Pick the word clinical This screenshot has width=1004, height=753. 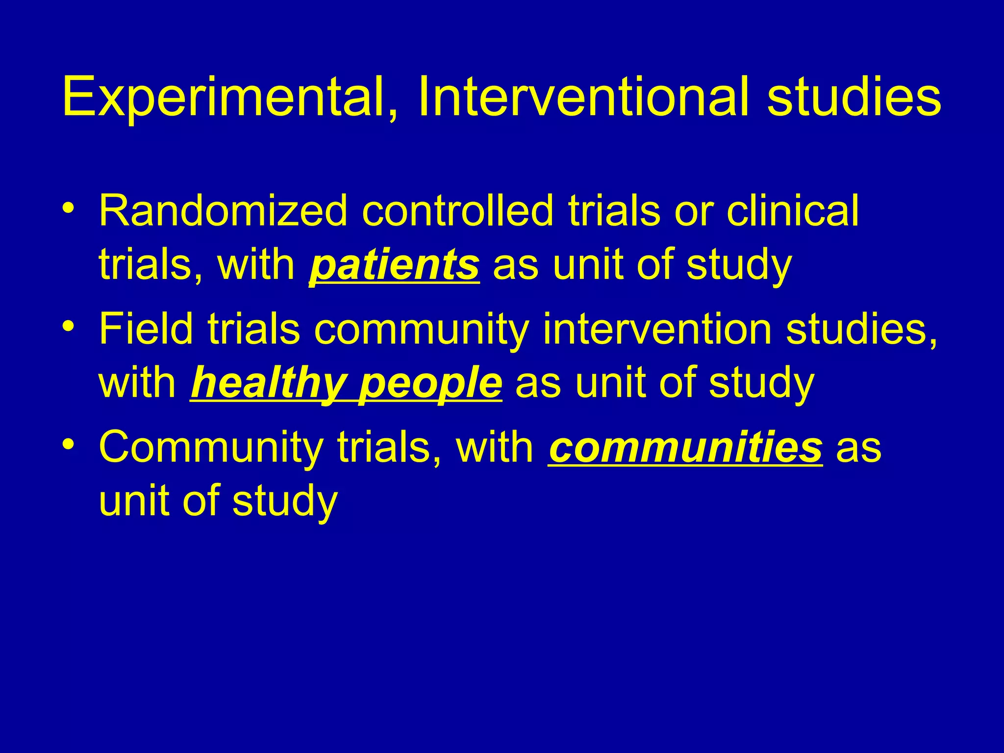[x=793, y=211]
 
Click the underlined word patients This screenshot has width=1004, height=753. [x=394, y=265]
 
